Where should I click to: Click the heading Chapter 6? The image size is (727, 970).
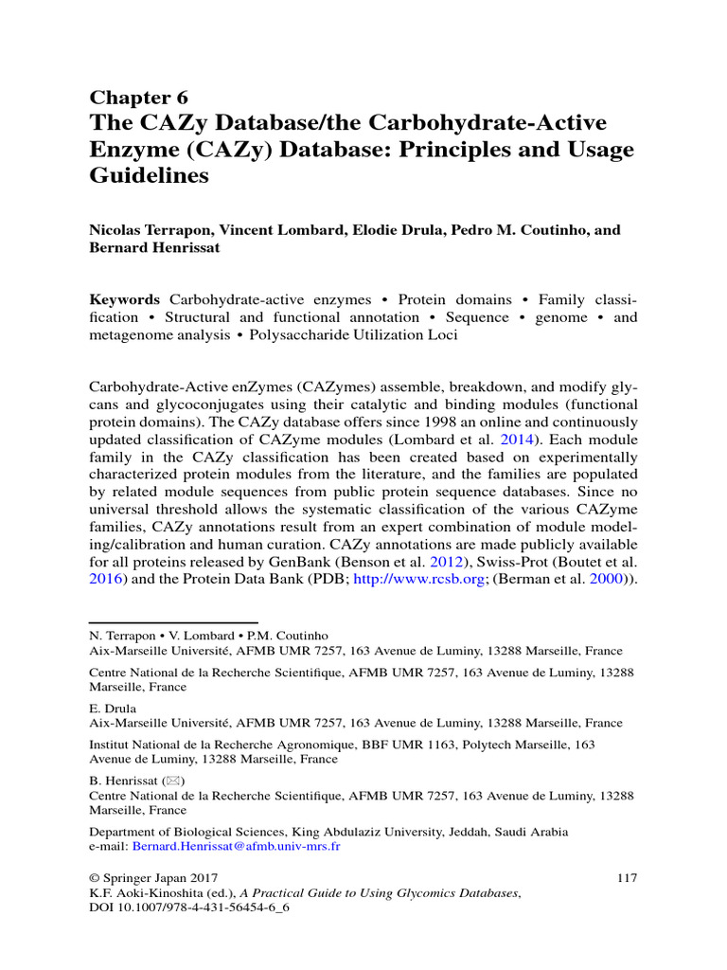tap(138, 99)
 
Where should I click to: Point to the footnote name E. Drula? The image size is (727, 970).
tap(113, 709)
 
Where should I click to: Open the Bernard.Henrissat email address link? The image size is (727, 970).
tap(236, 847)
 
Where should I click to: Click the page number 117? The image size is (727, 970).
tap(626, 878)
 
